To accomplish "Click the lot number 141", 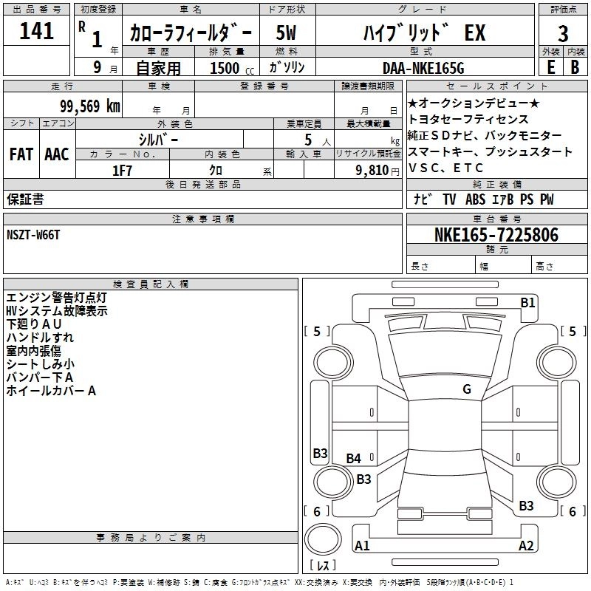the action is pyautogui.click(x=36, y=31).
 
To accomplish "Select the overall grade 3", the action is pyautogui.click(x=563, y=33).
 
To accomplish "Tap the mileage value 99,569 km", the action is pyautogui.click(x=90, y=106).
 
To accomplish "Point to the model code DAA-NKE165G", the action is pyautogui.click(x=423, y=68).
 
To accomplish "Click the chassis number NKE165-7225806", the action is pyautogui.click(x=496, y=235).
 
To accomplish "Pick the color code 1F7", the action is pyautogui.click(x=122, y=171).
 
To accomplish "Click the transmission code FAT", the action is pyautogui.click(x=21, y=154).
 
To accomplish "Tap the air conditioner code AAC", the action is pyautogui.click(x=57, y=154).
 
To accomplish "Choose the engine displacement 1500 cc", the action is pyautogui.click(x=232, y=68).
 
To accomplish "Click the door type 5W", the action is pyautogui.click(x=286, y=33).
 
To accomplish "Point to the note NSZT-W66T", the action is pyautogui.click(x=33, y=235).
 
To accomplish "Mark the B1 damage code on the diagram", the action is pyautogui.click(x=527, y=303).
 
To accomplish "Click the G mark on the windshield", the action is pyautogui.click(x=467, y=389).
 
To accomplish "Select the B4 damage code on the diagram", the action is pyautogui.click(x=353, y=458).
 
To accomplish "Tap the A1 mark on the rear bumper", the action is pyautogui.click(x=362, y=545).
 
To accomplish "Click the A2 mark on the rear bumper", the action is pyautogui.click(x=526, y=545).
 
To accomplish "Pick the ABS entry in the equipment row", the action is pyautogui.click(x=475, y=199).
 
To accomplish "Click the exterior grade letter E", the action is pyautogui.click(x=551, y=67).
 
